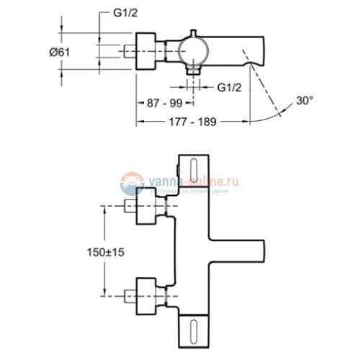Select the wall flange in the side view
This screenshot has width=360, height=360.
pyautogui.click(x=152, y=50)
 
